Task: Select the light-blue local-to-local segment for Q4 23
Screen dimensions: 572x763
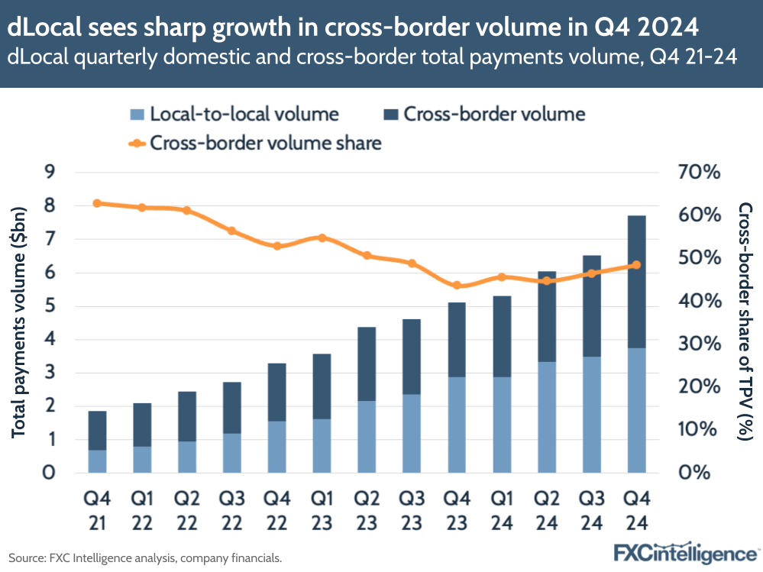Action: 456,424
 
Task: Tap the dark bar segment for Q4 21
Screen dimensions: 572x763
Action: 97,431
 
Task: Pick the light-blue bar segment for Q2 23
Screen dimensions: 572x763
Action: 367,436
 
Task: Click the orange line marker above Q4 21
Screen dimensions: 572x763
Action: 97,203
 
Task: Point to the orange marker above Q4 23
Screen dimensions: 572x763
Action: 457,286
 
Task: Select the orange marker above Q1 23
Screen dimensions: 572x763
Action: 322,238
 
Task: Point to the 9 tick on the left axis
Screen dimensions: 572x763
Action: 50,173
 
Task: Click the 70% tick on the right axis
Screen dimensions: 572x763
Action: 699,173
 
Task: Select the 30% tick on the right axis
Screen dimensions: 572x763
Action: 699,344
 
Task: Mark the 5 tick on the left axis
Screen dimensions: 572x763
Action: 50,306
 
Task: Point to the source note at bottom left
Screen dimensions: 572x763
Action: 145,558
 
